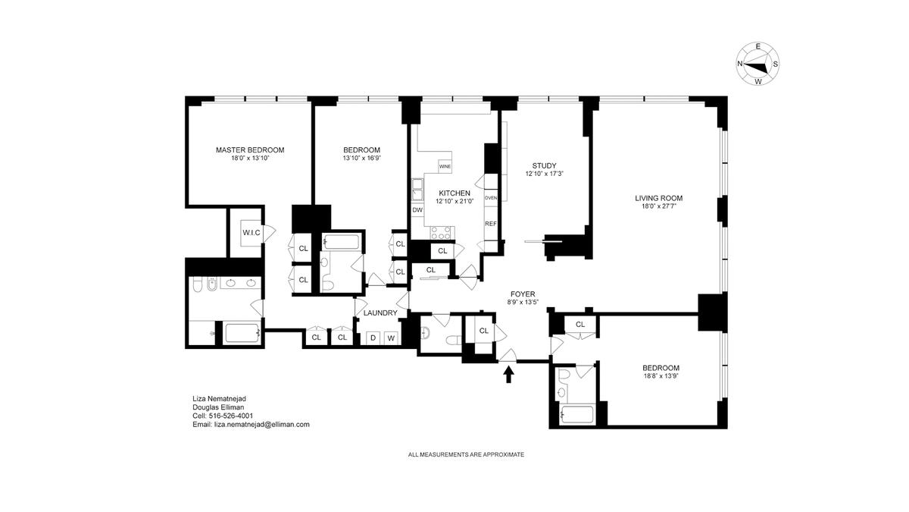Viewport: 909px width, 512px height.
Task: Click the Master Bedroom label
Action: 250,150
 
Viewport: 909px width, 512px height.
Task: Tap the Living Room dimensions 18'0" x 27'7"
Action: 658,206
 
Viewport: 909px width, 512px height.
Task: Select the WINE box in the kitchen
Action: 445,166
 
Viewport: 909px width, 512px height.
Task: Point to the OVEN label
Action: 491,198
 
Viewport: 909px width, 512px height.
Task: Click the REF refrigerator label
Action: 491,224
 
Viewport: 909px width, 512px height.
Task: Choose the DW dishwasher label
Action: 417,210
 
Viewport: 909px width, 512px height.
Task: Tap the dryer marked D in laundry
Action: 373,338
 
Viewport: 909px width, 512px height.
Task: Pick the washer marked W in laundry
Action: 391,338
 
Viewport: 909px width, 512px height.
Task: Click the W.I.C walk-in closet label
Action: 251,233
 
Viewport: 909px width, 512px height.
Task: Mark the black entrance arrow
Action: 508,374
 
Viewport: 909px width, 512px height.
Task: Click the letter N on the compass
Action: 740,64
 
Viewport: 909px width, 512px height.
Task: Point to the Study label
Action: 544,166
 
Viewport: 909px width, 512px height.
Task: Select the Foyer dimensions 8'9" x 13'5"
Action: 523,302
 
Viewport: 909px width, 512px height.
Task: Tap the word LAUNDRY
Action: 380,313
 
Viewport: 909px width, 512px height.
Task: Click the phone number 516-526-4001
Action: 230,416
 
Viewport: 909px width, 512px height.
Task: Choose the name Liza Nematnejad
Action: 219,399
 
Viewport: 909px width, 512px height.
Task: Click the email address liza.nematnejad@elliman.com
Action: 262,424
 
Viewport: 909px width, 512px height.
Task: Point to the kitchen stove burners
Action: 441,233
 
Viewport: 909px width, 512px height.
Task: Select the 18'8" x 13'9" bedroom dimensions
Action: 661,376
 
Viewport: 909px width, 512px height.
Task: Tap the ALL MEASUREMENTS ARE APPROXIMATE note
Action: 466,454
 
